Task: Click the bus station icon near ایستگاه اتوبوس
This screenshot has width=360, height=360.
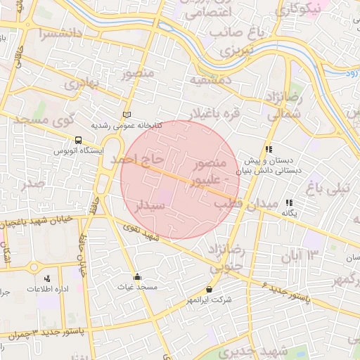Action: click(x=77, y=140)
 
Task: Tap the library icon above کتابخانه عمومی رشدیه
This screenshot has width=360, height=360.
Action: click(x=127, y=115)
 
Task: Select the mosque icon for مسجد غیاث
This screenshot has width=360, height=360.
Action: click(x=137, y=276)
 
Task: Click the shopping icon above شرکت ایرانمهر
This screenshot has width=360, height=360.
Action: click(x=209, y=290)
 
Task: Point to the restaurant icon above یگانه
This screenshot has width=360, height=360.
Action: click(x=289, y=202)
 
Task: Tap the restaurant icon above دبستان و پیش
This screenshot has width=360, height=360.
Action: click(x=269, y=149)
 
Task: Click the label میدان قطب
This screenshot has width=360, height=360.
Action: click(x=238, y=203)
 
